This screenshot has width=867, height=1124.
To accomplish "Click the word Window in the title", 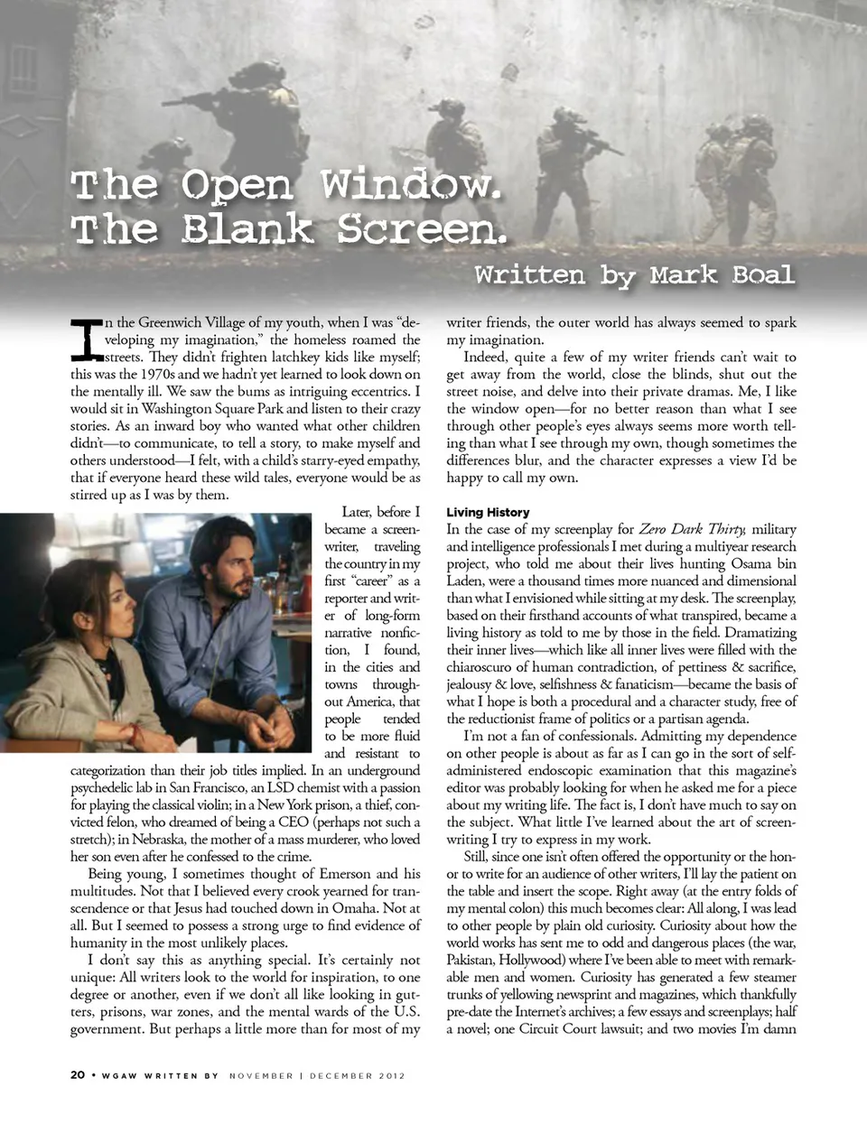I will (x=410, y=185).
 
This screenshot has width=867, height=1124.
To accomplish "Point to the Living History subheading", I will (x=488, y=512).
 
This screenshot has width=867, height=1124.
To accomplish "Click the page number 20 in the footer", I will (x=78, y=1075).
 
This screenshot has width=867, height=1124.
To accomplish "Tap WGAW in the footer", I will (x=119, y=1075).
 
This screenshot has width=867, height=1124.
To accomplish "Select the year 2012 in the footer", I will (x=390, y=1075).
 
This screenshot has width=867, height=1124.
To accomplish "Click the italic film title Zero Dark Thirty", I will (x=692, y=529).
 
